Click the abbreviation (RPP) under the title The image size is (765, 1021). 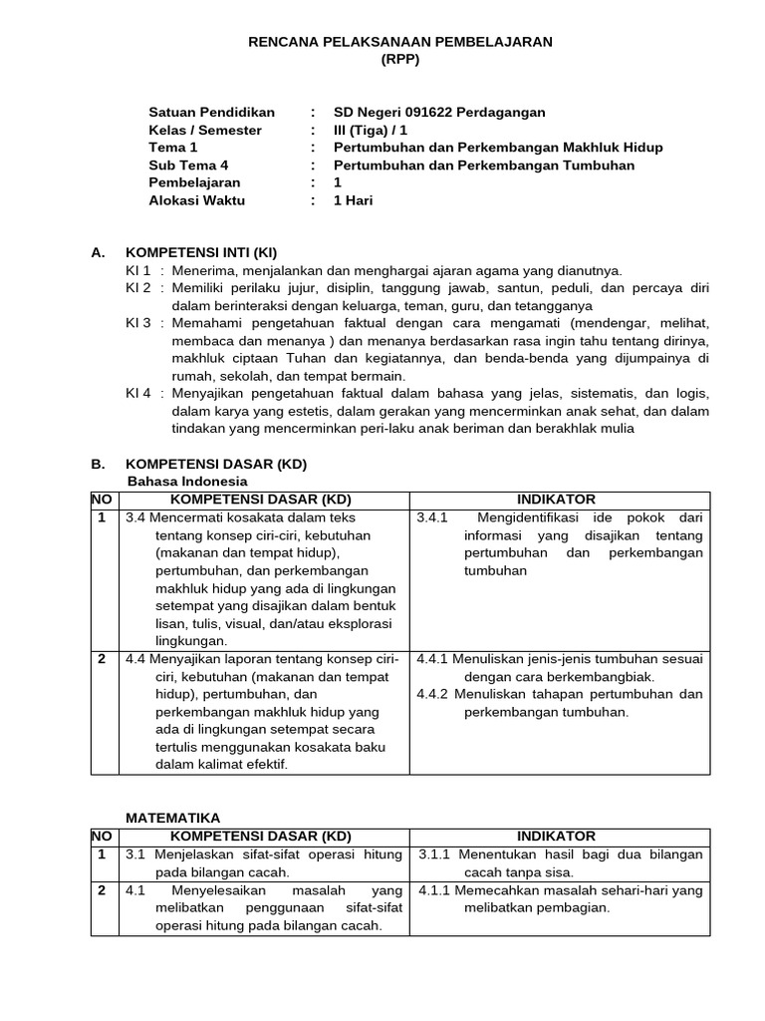point(399,59)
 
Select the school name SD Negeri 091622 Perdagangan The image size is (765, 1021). point(439,113)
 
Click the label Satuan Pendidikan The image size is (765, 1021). point(211,113)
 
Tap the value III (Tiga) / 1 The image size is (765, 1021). point(371,131)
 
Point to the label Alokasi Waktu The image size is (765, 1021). point(196,200)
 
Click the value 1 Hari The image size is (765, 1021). point(354,200)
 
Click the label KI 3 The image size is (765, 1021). point(137,323)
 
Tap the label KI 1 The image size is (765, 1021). point(137,270)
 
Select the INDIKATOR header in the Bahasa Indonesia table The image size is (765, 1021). point(556,500)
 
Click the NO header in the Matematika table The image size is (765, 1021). point(103,836)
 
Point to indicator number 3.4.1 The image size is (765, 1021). point(433,517)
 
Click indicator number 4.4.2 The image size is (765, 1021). point(433,694)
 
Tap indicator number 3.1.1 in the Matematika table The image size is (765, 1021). point(436,854)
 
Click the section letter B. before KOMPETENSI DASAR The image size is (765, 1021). point(98,464)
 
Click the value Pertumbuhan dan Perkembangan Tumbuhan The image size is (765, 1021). point(484,166)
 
